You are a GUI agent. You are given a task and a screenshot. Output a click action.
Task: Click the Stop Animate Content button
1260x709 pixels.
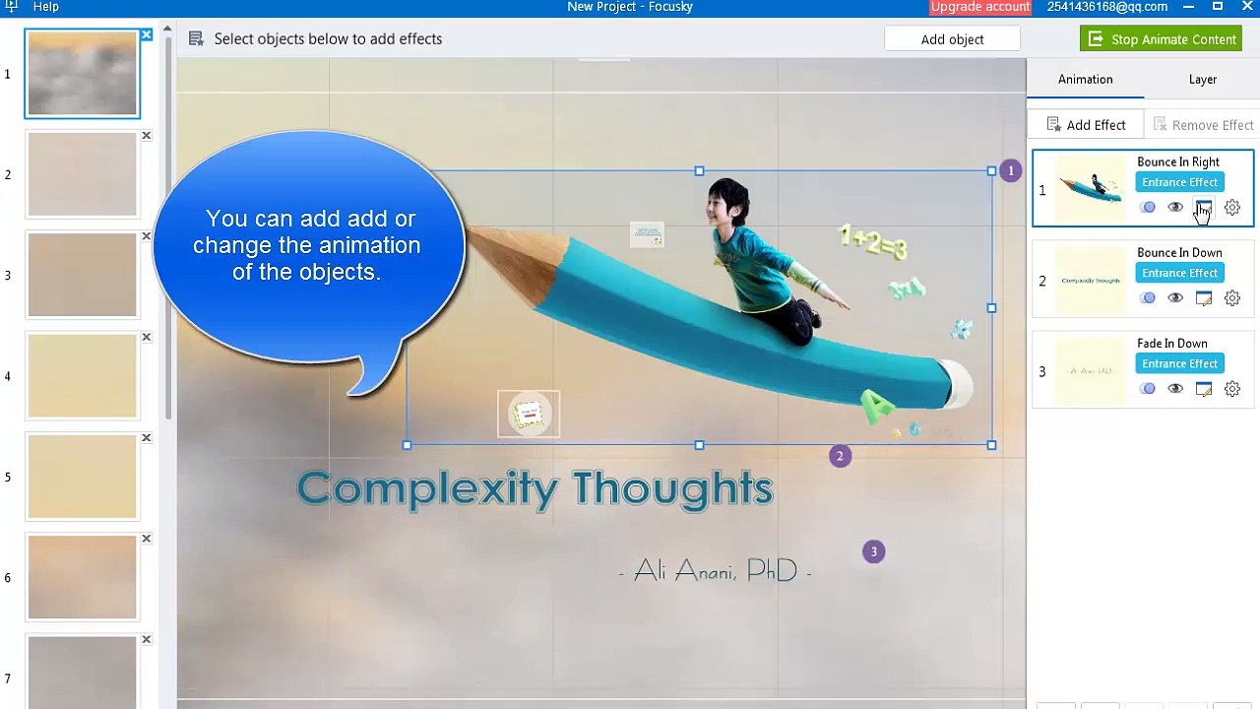[x=1161, y=39]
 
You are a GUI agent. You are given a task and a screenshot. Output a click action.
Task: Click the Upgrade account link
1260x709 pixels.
[x=979, y=7]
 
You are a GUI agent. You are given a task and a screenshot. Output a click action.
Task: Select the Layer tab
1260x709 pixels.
[x=1202, y=79]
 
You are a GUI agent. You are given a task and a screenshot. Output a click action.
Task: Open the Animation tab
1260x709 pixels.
[x=1085, y=79]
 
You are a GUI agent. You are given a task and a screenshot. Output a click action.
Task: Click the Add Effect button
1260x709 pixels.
[x=1086, y=125]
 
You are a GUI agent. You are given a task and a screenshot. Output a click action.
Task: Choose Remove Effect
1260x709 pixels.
[x=1202, y=125]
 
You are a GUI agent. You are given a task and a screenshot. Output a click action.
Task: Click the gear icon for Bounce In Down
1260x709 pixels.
[x=1231, y=298]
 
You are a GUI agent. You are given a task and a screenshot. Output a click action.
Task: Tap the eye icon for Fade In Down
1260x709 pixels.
[x=1175, y=389]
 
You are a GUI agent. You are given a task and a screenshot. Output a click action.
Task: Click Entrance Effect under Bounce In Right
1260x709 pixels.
[x=1179, y=182]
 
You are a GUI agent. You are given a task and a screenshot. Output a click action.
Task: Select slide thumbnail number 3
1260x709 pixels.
[x=83, y=275]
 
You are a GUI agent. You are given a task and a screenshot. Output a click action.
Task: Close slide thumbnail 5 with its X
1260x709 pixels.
[x=146, y=438]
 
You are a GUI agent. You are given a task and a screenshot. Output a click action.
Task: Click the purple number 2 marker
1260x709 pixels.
[x=840, y=456]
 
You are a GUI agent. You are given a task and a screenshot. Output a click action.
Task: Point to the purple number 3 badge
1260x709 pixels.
[x=873, y=551]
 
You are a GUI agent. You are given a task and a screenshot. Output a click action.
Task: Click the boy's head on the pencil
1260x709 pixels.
[x=728, y=200]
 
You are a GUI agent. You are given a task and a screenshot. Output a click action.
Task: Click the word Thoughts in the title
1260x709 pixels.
[x=672, y=488]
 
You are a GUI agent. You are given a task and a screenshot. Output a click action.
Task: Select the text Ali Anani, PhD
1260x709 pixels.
[x=716, y=571]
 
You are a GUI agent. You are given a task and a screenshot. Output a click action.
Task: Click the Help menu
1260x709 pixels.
[x=45, y=7]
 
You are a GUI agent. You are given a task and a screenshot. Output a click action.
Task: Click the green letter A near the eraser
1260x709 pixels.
[x=875, y=405]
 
